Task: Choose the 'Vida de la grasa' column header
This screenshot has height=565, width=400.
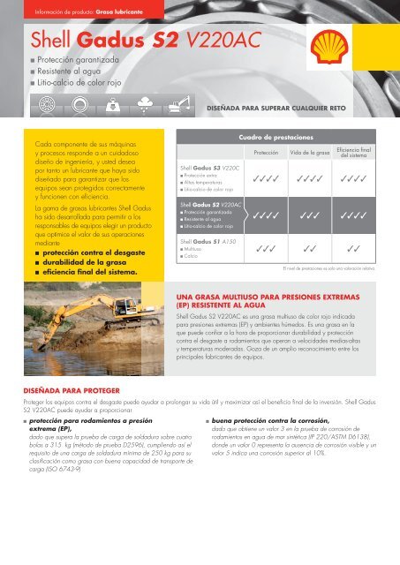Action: click(322, 153)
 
